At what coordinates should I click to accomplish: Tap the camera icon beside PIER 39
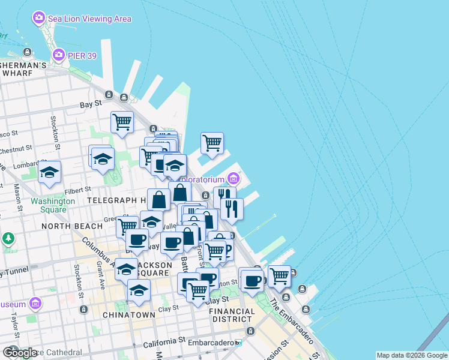coord(59,56)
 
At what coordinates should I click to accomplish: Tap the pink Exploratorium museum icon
coord(233,179)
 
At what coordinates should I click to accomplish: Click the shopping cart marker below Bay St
coord(122,122)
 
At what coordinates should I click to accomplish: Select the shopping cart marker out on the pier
coord(211,143)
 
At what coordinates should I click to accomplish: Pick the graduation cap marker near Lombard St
coord(49,172)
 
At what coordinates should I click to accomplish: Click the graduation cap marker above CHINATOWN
coord(139,291)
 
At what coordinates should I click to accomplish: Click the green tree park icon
coord(8,239)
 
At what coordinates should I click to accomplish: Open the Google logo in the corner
coord(20,352)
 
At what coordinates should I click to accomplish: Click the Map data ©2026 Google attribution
coord(411,355)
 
